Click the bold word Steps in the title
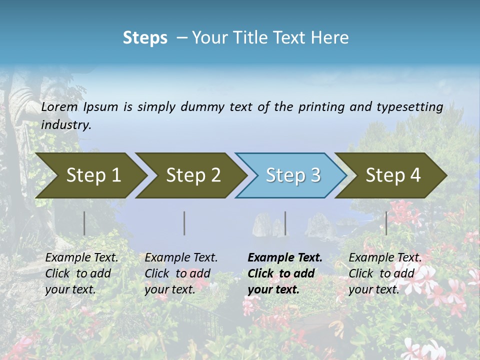[145, 38]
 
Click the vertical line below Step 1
[84, 223]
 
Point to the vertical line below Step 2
[184, 223]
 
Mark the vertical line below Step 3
[285, 223]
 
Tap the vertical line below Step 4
[386, 223]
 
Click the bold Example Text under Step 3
[285, 258]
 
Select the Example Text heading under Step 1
[81, 258]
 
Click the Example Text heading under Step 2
[181, 258]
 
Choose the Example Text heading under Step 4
[385, 258]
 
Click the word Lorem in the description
[59, 107]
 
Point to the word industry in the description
[66, 125]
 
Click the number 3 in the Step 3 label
[315, 175]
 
